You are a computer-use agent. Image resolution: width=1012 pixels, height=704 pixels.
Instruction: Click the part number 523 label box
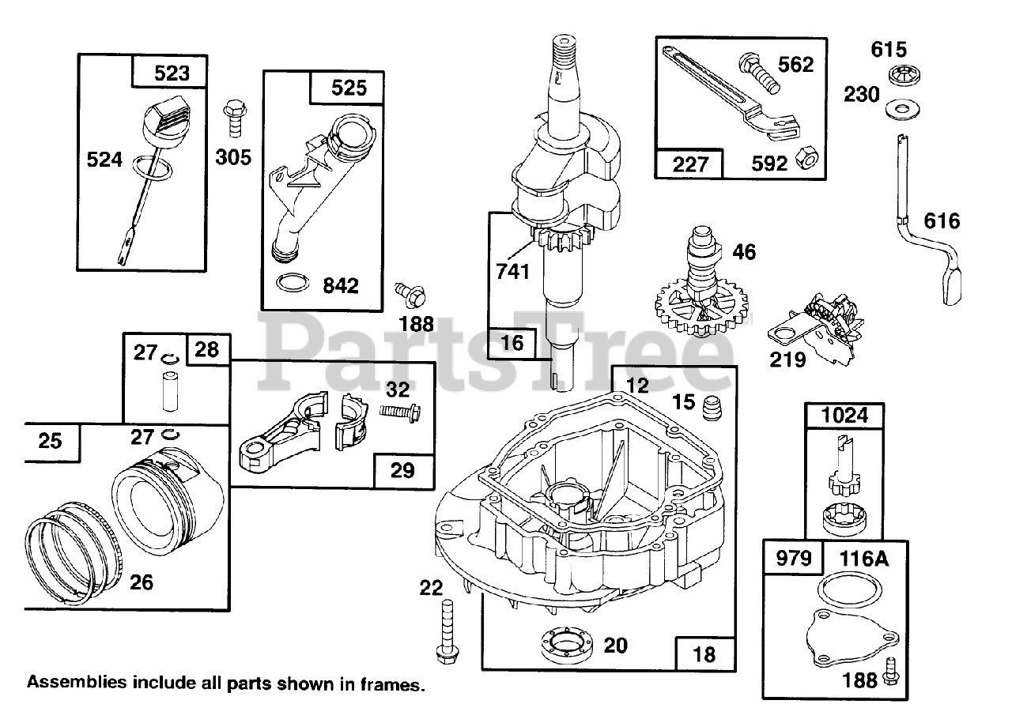[x=168, y=73]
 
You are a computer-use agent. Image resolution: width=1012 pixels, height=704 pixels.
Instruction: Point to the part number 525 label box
[x=348, y=87]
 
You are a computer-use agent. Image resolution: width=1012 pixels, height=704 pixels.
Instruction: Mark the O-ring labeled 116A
[x=848, y=593]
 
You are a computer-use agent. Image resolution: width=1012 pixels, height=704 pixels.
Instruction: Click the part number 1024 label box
[x=844, y=416]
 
